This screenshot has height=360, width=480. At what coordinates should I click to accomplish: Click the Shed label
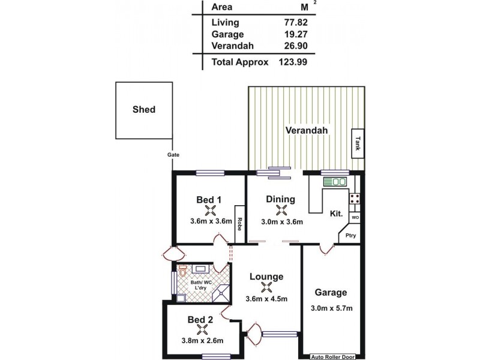click(x=143, y=110)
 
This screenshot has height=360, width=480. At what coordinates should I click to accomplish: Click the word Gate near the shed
click(x=173, y=155)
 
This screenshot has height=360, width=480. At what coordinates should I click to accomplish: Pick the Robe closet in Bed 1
click(x=239, y=224)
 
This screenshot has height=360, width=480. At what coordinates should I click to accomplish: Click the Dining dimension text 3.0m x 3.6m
click(x=281, y=221)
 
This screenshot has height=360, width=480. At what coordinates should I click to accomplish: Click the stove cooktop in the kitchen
click(x=355, y=198)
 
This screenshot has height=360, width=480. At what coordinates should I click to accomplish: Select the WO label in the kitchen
click(x=355, y=217)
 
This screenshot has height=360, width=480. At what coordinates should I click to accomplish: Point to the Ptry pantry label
click(x=350, y=236)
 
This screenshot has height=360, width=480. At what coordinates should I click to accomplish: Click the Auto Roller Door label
click(x=332, y=356)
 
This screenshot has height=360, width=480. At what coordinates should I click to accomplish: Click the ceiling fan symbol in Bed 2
click(x=200, y=329)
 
